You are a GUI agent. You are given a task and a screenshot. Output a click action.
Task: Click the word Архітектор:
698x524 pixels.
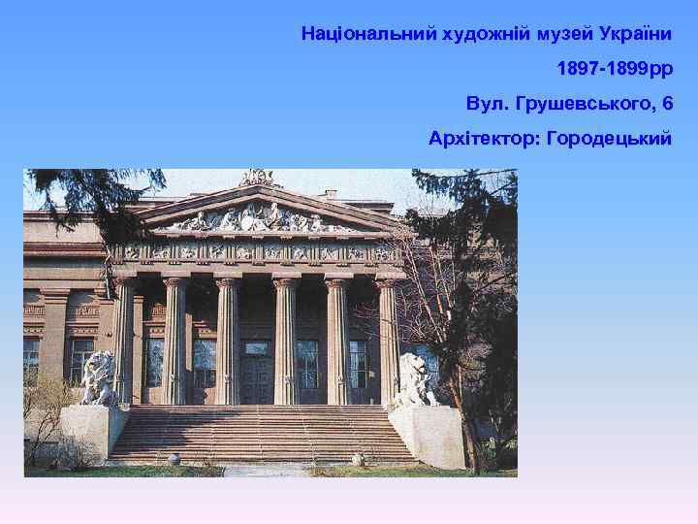484,139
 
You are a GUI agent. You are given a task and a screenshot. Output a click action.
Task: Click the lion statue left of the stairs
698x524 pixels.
98,378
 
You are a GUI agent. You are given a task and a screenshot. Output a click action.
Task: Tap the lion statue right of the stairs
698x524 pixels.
415,379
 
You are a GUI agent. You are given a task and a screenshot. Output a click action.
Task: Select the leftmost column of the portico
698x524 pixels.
123,339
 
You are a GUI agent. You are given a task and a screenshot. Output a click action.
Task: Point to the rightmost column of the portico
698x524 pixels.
389,339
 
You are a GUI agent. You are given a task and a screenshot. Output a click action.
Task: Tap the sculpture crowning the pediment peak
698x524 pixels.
257,177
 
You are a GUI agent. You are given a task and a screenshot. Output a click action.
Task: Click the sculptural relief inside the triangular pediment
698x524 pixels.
258,216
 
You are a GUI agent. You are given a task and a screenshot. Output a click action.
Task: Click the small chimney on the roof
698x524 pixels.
332,194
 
